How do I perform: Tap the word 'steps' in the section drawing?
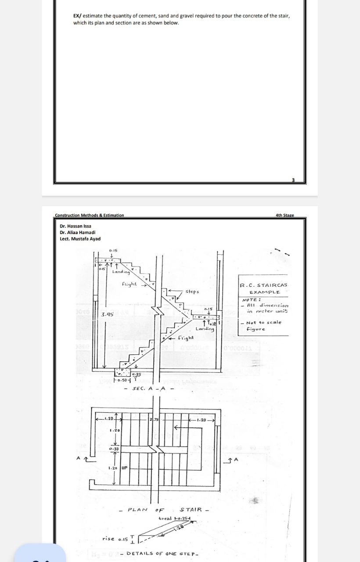click(191, 292)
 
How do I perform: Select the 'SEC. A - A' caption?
click(149, 389)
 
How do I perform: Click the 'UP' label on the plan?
click(124, 468)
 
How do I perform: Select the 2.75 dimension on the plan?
click(154, 421)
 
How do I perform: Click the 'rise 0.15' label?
click(115, 539)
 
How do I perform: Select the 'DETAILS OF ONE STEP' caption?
click(162, 554)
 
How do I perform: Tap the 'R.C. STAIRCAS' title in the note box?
click(263, 285)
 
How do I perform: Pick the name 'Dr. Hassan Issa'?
click(76, 226)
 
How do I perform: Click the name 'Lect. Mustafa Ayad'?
click(80, 239)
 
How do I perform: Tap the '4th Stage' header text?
click(284, 215)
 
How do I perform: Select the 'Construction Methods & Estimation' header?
click(90, 215)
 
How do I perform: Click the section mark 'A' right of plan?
click(236, 459)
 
